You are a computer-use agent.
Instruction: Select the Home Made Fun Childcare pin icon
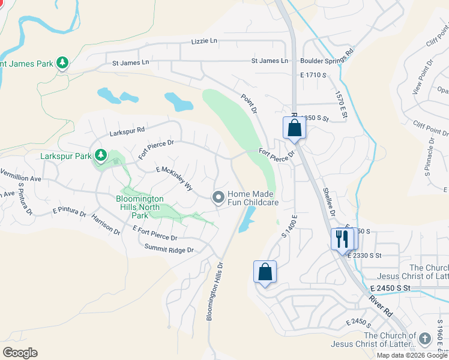pos(218,197)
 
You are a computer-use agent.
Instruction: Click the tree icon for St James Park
pos(62,62)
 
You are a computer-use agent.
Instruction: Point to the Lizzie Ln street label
pos(205,41)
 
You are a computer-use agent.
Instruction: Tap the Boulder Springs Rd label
pos(328,61)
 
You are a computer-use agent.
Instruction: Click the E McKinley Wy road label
pos(174,179)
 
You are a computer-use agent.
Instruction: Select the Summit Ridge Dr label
pos(169,250)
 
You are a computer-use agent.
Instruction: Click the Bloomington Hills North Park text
pos(139,206)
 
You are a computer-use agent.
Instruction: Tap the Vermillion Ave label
pos(20,179)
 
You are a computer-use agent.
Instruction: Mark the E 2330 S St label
pos(364,255)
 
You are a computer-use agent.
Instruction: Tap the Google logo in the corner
pos(19,353)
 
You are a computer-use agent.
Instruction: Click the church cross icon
pos(425,338)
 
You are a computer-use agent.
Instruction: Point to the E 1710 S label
pos(313,75)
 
